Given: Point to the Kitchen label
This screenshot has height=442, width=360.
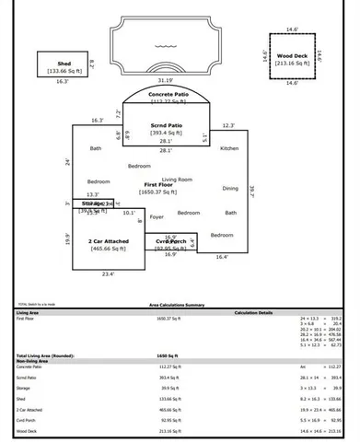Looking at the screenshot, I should (x=229, y=147).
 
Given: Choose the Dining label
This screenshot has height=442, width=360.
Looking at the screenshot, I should (x=230, y=188).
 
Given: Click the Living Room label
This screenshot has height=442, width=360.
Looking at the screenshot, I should (x=177, y=179).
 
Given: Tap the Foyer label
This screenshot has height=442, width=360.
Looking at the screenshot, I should (x=157, y=217).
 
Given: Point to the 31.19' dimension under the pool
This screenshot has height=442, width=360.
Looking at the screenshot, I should (x=167, y=79).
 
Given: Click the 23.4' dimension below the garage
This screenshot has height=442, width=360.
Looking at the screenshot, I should (x=108, y=273).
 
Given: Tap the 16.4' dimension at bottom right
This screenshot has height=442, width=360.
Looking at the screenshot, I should (x=221, y=257).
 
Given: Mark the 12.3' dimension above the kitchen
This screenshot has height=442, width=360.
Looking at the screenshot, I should (x=229, y=125).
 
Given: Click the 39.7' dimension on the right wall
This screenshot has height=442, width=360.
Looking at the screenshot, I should (x=252, y=192).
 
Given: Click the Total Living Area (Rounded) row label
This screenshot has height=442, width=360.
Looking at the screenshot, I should (x=41, y=355).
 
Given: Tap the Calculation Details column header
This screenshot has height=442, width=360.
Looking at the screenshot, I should (x=253, y=312).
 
